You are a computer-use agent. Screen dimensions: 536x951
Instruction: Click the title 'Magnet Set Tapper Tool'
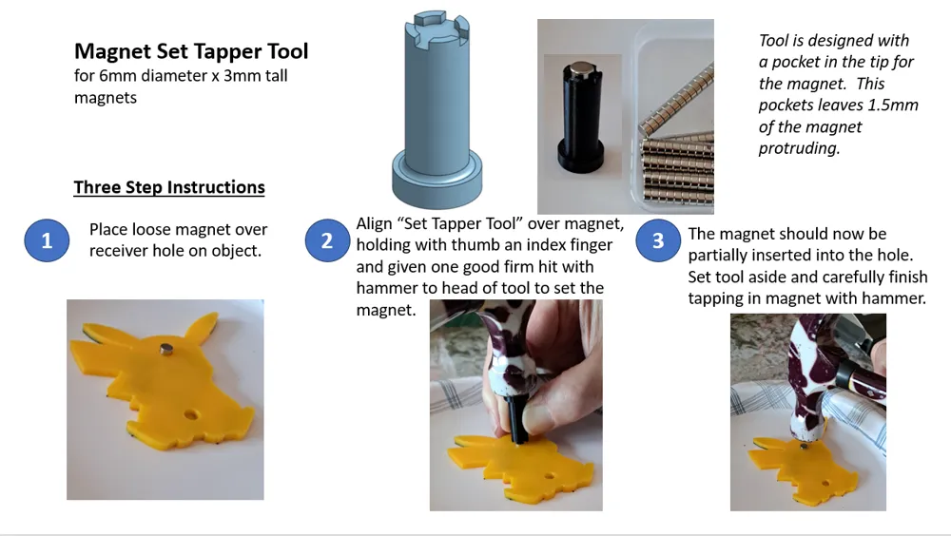pyautogui.click(x=191, y=51)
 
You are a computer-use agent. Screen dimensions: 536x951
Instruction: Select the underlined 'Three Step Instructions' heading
pyautogui.click(x=169, y=187)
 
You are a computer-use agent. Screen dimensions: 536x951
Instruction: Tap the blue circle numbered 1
pyautogui.click(x=47, y=241)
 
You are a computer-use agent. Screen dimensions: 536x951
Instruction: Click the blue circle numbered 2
pyautogui.click(x=327, y=241)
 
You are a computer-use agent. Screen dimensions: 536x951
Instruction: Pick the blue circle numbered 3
pyautogui.click(x=658, y=241)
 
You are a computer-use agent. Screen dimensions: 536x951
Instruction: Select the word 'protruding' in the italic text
pyautogui.click(x=799, y=149)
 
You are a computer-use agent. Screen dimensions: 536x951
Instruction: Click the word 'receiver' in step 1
pyautogui.click(x=122, y=251)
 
